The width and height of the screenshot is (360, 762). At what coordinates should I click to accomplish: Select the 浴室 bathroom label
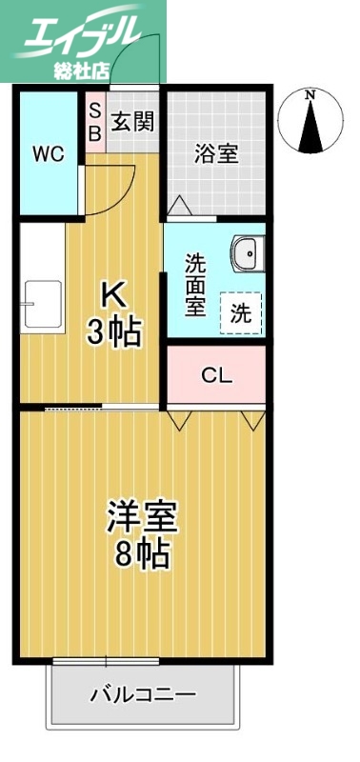(x=216, y=152)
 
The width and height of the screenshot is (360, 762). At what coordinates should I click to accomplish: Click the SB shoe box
(x=94, y=121)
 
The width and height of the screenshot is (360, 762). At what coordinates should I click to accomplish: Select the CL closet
(x=216, y=375)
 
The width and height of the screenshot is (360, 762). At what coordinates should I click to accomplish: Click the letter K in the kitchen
(x=112, y=297)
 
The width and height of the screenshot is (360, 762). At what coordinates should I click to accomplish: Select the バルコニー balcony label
(x=143, y=694)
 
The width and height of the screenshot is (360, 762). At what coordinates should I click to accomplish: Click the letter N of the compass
(x=310, y=94)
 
